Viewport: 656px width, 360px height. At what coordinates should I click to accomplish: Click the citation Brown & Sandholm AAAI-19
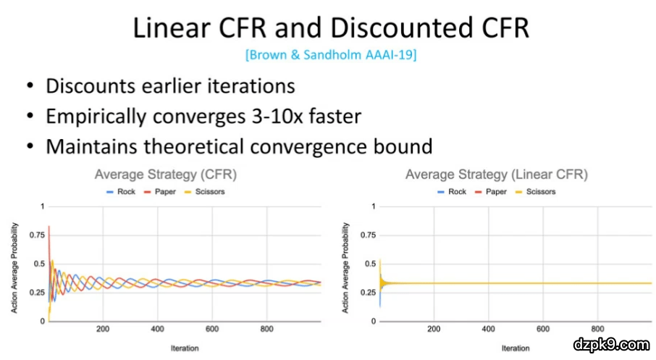331,55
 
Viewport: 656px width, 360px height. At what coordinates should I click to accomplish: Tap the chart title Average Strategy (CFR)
166,174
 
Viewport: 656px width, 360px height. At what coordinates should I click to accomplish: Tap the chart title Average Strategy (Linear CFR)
497,174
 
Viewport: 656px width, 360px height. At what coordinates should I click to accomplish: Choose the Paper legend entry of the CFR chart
160,192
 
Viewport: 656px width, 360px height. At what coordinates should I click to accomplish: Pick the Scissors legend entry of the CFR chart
205,192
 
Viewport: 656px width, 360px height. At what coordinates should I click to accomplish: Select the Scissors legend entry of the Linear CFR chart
536,192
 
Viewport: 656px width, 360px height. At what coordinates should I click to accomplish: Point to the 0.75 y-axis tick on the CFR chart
37,235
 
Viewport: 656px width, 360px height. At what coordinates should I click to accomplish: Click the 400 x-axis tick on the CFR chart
157,329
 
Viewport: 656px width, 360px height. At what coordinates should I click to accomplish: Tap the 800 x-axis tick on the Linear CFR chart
597,329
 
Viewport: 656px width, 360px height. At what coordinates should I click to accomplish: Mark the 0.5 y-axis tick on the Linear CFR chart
370,264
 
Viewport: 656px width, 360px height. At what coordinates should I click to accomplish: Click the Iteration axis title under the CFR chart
185,348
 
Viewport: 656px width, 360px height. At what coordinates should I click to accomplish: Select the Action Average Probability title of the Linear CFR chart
345,268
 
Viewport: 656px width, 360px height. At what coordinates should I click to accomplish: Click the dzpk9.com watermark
611,345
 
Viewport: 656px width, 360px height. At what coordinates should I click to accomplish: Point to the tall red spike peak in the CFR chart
49,227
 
